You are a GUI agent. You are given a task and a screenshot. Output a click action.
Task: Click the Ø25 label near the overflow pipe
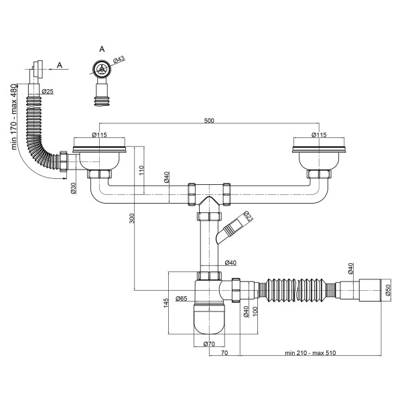48,91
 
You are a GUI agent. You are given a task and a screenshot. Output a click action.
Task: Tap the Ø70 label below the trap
208,344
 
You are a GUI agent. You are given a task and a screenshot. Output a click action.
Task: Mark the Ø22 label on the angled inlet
247,215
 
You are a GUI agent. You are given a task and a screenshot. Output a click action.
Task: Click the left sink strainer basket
98,158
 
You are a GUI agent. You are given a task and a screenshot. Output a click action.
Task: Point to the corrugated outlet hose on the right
299,289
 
